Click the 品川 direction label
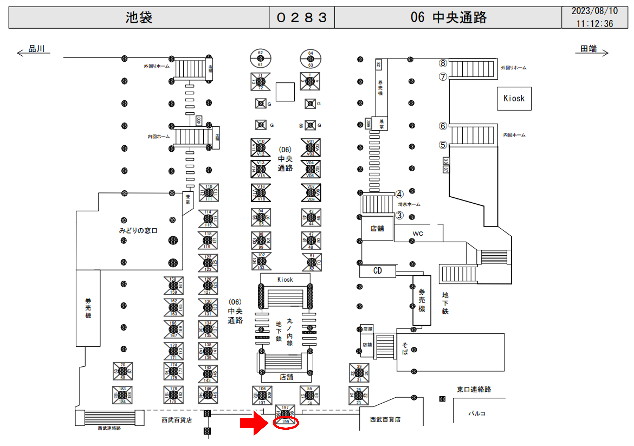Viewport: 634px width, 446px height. point(36,49)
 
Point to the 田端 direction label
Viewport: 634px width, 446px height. point(588,49)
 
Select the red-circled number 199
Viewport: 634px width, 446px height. point(285,422)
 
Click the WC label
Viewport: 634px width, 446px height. point(418,234)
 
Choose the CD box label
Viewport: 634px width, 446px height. point(378,271)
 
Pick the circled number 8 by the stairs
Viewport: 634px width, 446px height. point(443,63)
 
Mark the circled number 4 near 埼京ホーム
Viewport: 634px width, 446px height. point(399,194)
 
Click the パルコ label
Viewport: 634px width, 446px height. point(477,413)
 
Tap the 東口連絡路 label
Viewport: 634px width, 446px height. point(474,389)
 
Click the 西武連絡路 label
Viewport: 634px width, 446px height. point(109,428)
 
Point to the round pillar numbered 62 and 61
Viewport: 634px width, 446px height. point(260,58)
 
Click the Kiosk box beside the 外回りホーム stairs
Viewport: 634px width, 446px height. point(514,98)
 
